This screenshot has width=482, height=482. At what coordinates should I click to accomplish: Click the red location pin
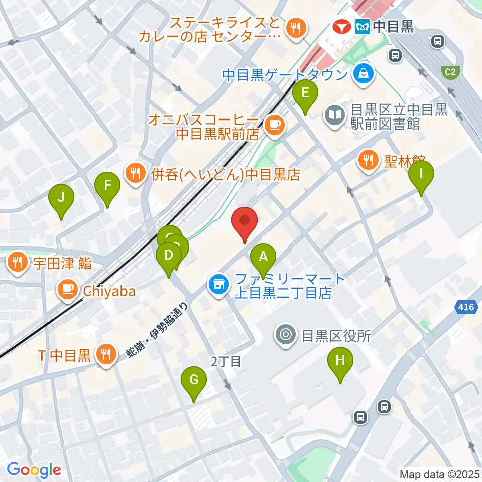point(245,221)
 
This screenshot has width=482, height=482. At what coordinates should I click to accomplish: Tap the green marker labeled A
point(263,257)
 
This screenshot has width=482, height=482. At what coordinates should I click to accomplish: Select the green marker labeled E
point(306,93)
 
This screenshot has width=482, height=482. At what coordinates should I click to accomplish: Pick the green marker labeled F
point(107,186)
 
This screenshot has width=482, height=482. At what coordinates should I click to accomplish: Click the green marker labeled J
point(61,198)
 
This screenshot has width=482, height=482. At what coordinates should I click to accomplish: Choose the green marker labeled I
point(421,174)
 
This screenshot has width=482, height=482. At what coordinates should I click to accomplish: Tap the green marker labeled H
point(340,361)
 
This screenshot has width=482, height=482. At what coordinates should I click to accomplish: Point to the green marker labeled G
point(194,380)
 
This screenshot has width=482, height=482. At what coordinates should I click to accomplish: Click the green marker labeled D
point(169,256)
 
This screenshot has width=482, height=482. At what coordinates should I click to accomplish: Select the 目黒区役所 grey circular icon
point(286,334)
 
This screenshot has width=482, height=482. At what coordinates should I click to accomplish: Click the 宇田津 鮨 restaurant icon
point(18,262)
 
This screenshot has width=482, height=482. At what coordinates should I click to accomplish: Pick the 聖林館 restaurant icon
point(367,161)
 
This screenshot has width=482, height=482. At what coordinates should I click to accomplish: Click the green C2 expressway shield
point(450,71)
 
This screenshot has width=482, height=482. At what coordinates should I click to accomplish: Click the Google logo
point(34,470)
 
